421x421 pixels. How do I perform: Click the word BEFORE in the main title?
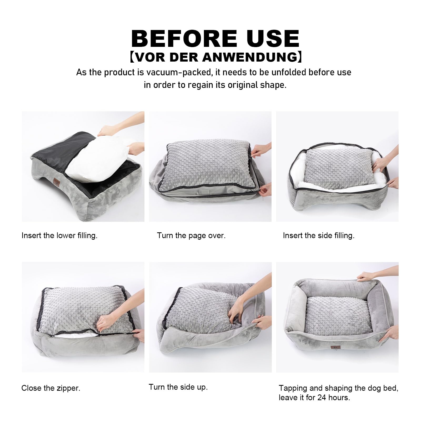[184, 38]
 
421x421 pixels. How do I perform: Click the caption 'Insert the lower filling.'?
[59, 235]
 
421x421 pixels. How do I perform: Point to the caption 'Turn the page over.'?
[191, 235]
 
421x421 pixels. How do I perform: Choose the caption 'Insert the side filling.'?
[319, 235]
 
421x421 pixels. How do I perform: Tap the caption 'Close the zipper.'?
[51, 388]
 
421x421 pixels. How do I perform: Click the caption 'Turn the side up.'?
[178, 387]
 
